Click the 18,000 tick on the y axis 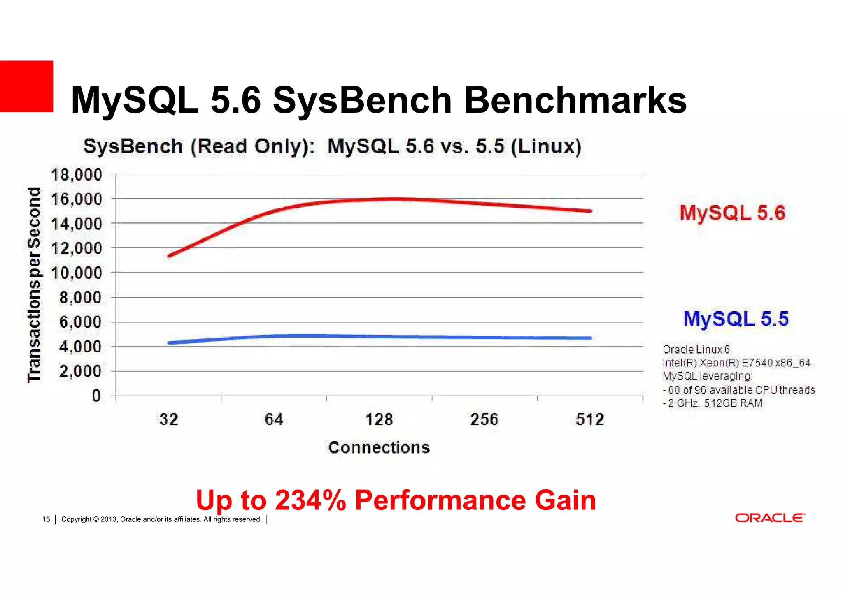pos(77,175)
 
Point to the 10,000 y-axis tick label pos(77,273)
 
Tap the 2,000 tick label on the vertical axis pos(80,371)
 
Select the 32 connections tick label pos(169,420)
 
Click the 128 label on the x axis pos(379,420)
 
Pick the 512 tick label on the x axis pos(590,420)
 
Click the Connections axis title pos(379,447)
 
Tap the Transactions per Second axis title pos(35,285)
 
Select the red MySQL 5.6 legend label pos(732,213)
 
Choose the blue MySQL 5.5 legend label pos(736,319)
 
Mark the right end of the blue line pos(590,338)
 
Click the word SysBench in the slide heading pos(362,101)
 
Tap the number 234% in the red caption pos(310,500)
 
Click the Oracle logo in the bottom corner pos(770,518)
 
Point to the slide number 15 pos(46,519)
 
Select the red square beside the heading pos(26,86)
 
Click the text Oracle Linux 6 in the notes pos(696,350)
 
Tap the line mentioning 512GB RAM pos(713,403)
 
